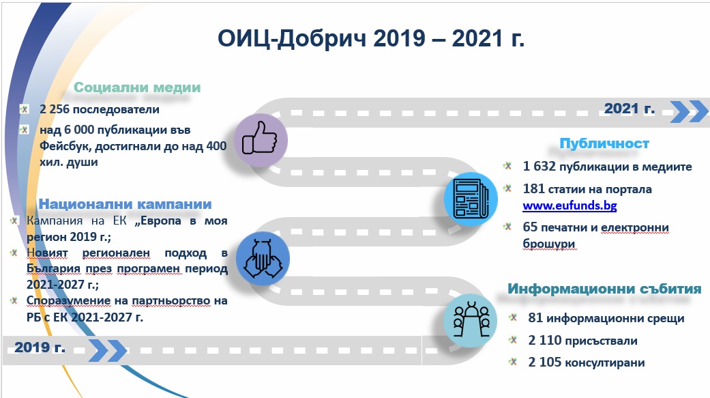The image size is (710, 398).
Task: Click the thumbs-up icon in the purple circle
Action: [x=260, y=139]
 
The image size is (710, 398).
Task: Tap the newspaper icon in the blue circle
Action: [x=471, y=199]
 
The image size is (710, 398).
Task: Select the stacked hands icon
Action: [x=263, y=259]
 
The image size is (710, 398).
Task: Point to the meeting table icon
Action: [x=471, y=319]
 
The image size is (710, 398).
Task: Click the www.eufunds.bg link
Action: [x=570, y=205]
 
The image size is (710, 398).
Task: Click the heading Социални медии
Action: [x=137, y=87]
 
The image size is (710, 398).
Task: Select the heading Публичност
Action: [x=604, y=143]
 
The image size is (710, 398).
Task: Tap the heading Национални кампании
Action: [x=125, y=204]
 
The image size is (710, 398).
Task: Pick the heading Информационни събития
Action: [x=604, y=289]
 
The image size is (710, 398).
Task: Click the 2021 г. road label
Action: [x=629, y=109]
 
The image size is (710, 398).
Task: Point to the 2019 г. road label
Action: [x=40, y=347]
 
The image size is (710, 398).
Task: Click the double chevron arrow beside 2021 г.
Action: [x=688, y=111]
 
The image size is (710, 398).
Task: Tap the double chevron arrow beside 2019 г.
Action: [x=107, y=350]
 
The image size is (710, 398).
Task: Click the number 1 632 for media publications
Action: [x=539, y=167]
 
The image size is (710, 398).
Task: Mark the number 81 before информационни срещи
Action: [x=535, y=317]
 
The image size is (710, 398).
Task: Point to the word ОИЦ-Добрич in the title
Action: [x=292, y=38]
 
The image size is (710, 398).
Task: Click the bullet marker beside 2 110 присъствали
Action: [x=513, y=339]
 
